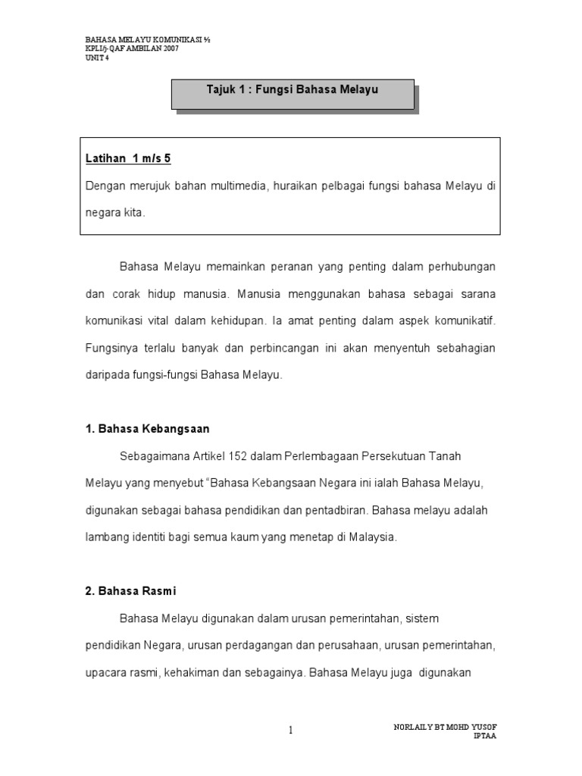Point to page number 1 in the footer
pos(290,730)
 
